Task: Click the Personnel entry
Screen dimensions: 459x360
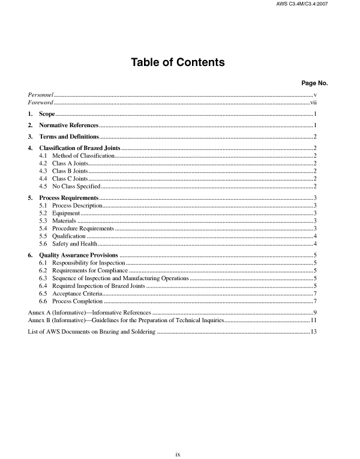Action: [42, 95]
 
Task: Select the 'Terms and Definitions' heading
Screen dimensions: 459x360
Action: [69, 136]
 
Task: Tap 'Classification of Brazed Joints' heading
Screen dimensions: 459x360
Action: [80, 148]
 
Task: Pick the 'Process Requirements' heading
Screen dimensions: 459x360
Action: [68, 198]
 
